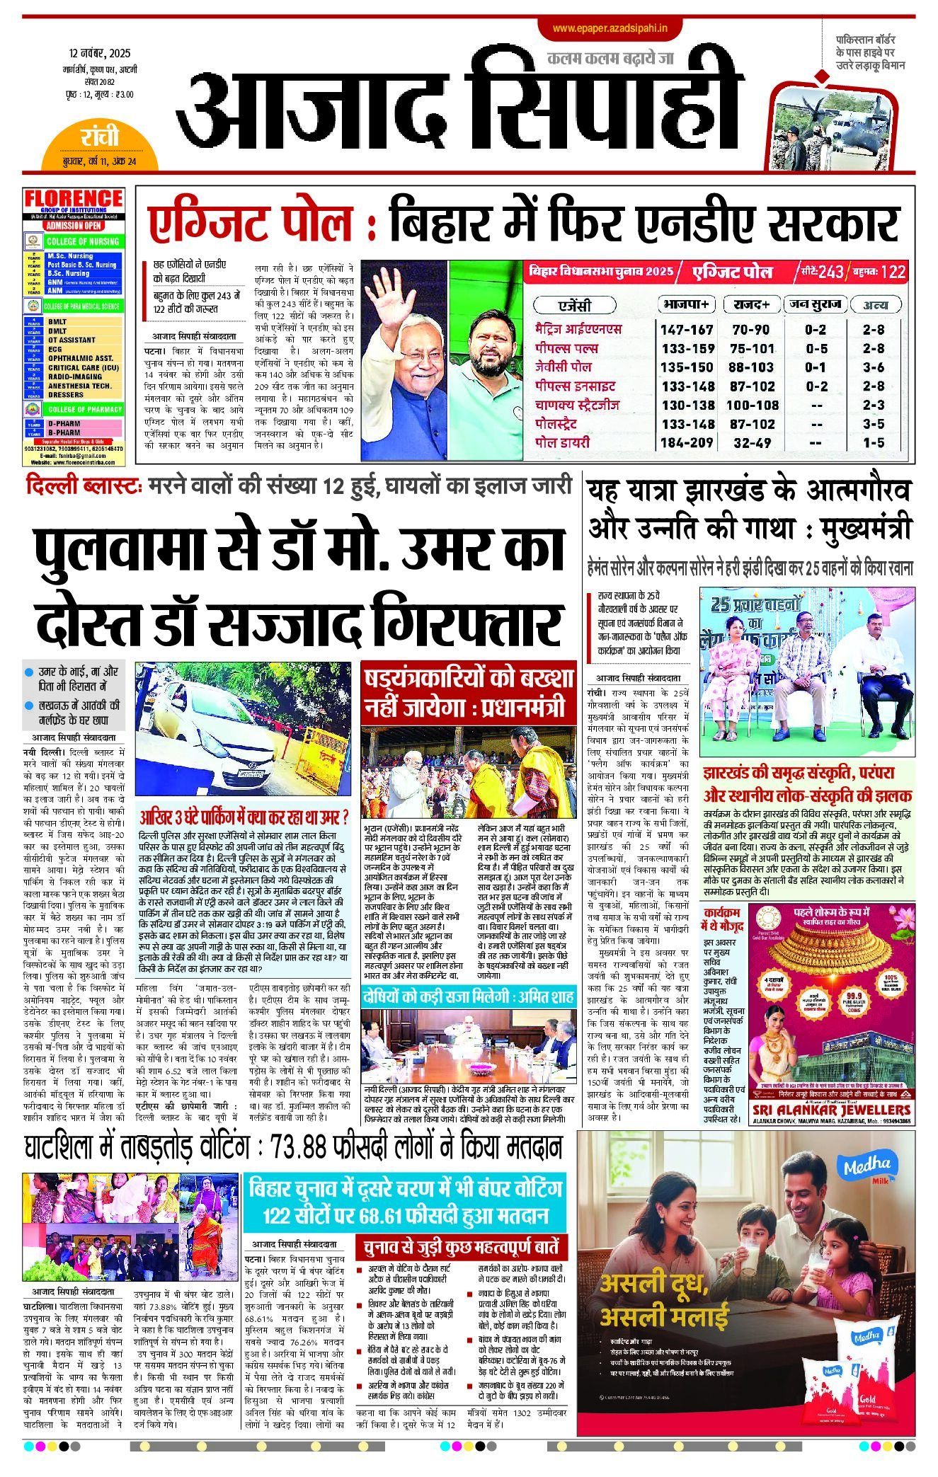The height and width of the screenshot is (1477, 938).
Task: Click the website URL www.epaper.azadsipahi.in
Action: (610, 28)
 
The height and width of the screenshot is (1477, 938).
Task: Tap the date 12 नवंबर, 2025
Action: (100, 54)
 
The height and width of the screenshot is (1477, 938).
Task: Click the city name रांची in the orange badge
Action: (100, 137)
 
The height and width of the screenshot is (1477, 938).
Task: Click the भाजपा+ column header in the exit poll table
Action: (685, 304)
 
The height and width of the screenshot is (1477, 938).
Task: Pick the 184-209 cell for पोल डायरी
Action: (686, 443)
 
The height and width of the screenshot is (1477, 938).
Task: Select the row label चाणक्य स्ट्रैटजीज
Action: (577, 406)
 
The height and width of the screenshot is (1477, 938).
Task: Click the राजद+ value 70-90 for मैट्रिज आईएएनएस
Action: (750, 330)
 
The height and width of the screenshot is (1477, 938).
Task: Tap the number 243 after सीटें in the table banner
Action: (830, 272)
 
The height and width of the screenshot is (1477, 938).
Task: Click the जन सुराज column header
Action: (815, 304)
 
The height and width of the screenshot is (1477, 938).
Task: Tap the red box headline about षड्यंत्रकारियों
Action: (468, 694)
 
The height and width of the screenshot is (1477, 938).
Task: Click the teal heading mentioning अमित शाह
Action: (468, 998)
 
